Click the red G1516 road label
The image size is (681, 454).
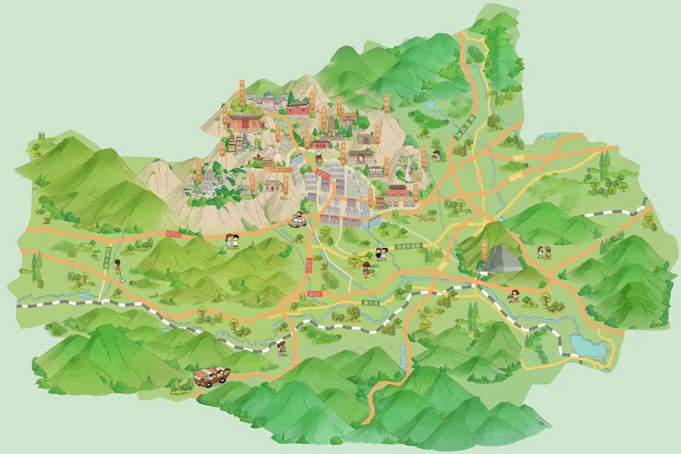coord(173,234)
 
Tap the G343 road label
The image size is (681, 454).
coord(314,294)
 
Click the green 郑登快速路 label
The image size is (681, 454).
coord(408,246)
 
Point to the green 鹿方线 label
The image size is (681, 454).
coord(371,303)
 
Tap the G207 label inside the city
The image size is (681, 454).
coord(323,174)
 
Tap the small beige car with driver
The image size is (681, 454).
coord(298,221)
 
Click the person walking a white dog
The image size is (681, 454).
coord(118,268)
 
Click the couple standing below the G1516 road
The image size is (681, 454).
coord(232,241)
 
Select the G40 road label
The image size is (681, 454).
coord(518,157)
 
